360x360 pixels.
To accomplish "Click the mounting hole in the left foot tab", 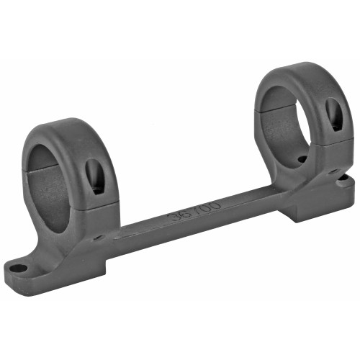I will (x=18, y=269).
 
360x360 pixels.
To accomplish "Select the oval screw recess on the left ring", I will (x=94, y=175).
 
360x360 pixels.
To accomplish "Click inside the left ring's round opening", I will (x=53, y=184).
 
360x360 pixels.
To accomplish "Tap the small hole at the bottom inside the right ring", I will (x=302, y=159).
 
